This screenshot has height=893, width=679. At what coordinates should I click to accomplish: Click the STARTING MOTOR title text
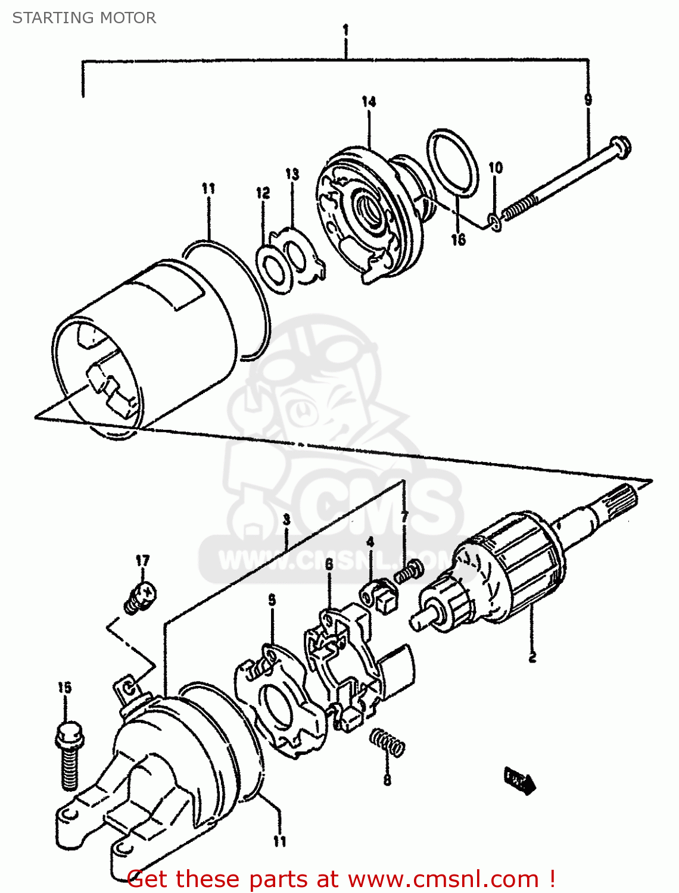click(x=84, y=18)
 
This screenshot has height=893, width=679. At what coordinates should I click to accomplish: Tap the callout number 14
click(x=369, y=102)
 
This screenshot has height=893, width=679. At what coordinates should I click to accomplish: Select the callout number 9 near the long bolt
click(x=588, y=99)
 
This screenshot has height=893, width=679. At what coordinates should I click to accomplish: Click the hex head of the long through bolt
click(x=621, y=147)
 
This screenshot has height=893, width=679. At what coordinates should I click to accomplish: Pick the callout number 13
click(x=292, y=174)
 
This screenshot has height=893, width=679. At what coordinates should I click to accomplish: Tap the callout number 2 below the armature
click(x=532, y=657)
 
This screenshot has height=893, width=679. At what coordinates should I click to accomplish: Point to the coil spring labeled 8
click(x=388, y=744)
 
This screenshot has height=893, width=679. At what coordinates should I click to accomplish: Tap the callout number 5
click(x=272, y=600)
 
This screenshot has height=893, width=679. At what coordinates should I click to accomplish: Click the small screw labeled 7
click(x=409, y=573)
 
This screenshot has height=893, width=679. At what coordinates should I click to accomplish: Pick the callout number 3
click(x=286, y=519)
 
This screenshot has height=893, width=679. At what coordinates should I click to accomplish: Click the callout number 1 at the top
click(x=345, y=30)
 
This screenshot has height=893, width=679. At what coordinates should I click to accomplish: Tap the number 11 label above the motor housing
click(x=208, y=189)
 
